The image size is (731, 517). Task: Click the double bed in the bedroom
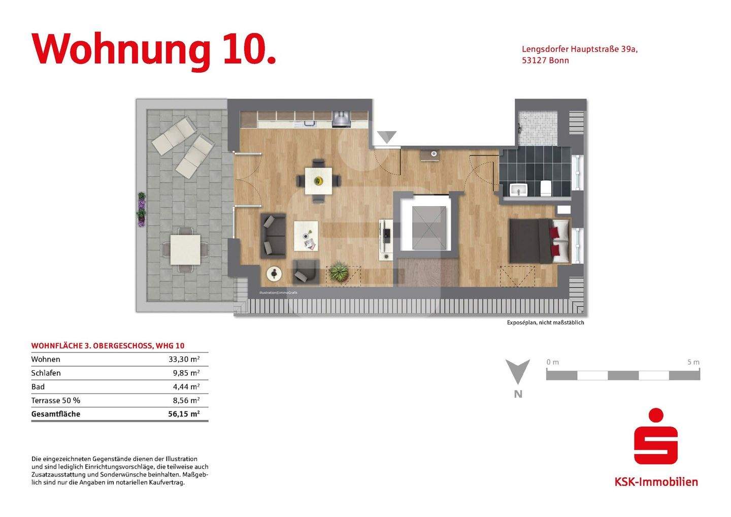pyautogui.click(x=538, y=241)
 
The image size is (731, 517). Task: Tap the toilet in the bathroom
pyautogui.click(x=546, y=188)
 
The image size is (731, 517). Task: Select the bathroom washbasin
pyautogui.click(x=519, y=190)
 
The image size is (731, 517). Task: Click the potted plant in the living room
pyautogui.click(x=338, y=272)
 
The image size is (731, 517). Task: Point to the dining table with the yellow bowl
pyautogui.click(x=318, y=181)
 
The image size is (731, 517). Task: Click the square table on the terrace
pyautogui.click(x=185, y=249)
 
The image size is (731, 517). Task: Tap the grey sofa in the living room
pyautogui.click(x=273, y=236)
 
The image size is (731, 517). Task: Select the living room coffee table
pyautogui.click(x=306, y=236)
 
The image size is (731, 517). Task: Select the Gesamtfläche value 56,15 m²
pyautogui.click(x=184, y=414)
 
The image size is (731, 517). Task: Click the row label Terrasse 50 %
pyautogui.click(x=55, y=400)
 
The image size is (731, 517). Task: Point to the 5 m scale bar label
pyautogui.click(x=693, y=362)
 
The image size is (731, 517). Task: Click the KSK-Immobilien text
pyautogui.click(x=656, y=481)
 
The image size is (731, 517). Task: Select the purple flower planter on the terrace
pyautogui.click(x=142, y=209)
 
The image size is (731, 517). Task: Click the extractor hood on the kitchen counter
pyautogui.click(x=341, y=119)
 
